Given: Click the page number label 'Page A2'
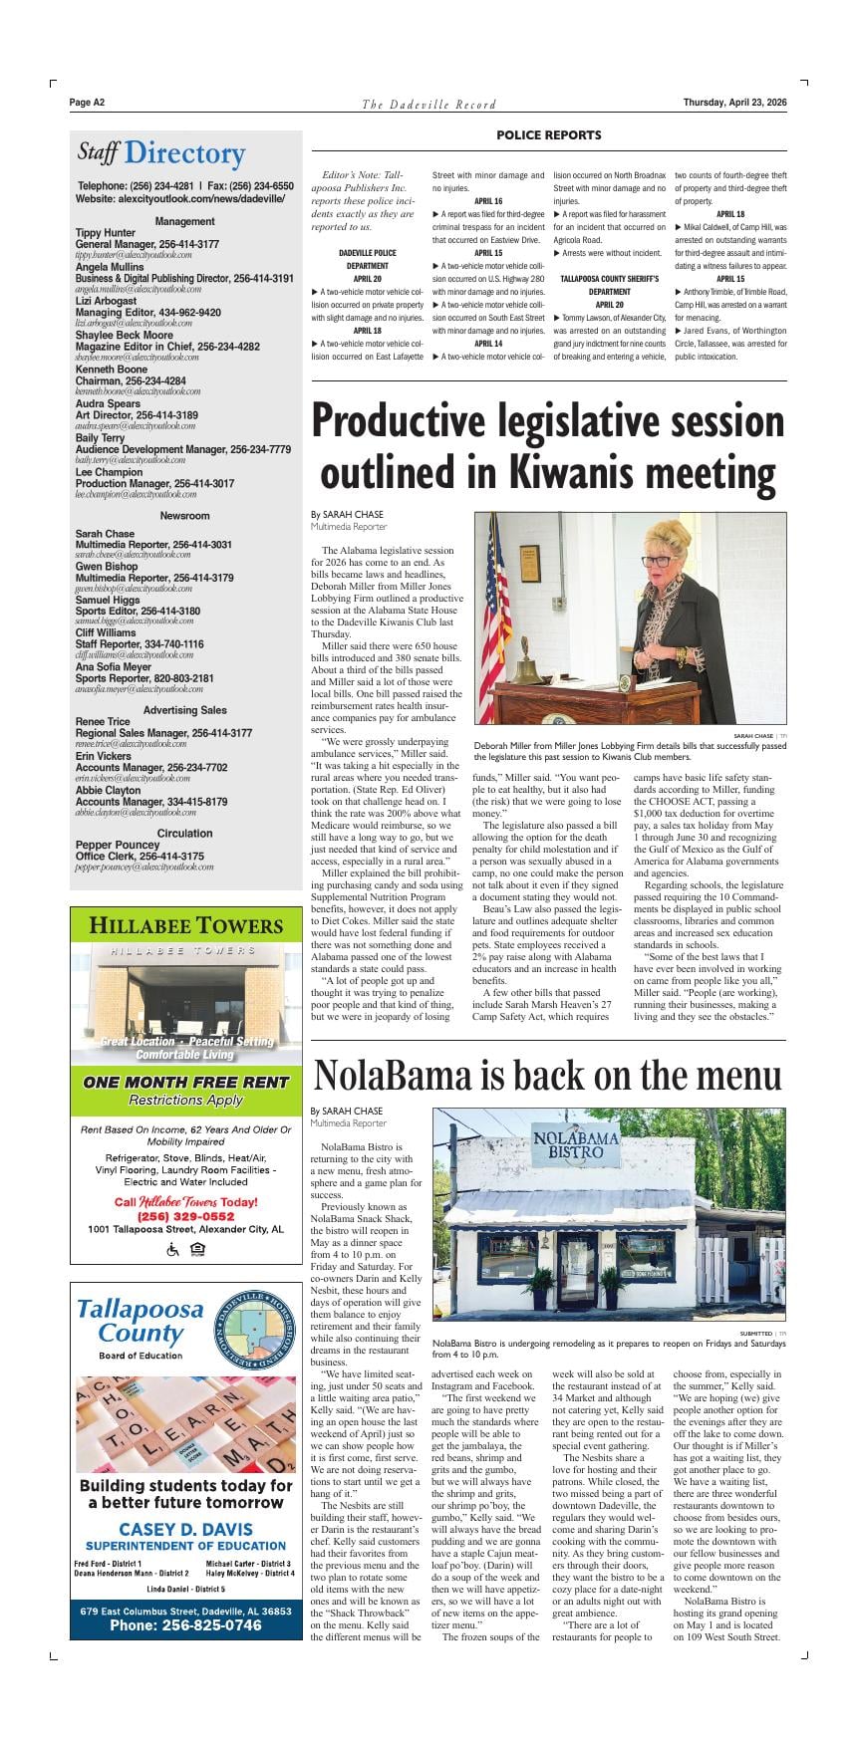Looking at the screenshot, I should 88,103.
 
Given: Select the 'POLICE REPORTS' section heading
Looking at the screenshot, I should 548,135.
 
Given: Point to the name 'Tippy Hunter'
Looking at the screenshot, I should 106,233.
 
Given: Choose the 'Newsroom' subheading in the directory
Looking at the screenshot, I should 184,516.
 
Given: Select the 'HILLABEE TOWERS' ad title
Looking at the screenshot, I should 185,925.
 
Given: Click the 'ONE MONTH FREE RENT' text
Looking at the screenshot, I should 185,1082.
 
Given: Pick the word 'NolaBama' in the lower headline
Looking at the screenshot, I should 394,1077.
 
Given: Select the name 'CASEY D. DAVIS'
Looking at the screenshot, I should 185,1529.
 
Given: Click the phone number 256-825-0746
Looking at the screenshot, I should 185,1624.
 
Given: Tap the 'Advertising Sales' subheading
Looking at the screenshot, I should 184,710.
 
